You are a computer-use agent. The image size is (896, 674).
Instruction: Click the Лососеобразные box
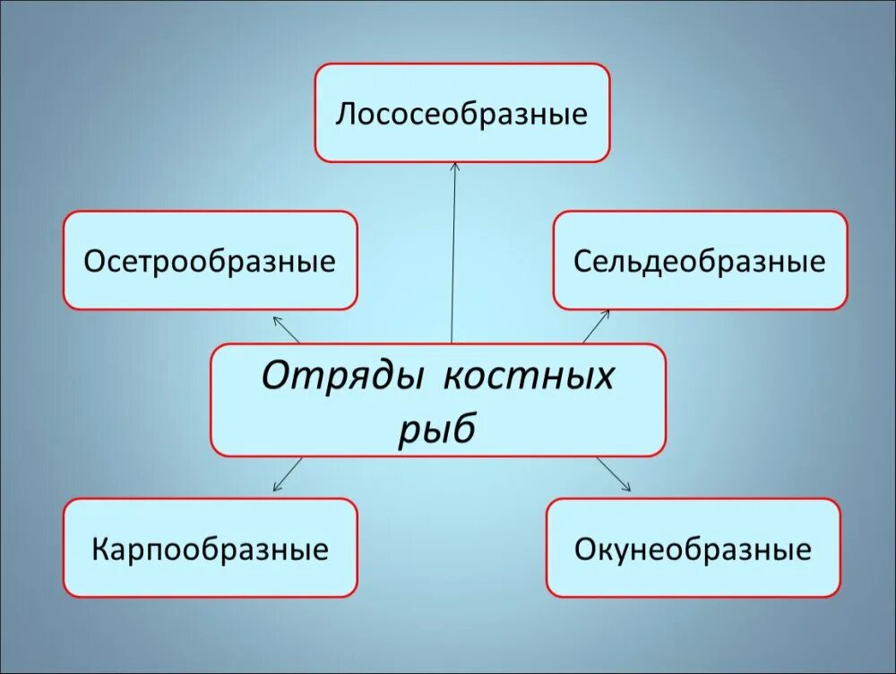461,113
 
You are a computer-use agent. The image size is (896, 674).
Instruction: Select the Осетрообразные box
210,261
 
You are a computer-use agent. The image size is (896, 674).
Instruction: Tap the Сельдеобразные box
700,261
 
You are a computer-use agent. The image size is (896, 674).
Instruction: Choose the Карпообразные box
210,548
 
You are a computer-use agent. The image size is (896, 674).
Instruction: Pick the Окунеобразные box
693,548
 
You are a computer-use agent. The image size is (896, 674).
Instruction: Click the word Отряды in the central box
340,376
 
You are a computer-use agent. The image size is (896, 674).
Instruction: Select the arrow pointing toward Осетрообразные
287,329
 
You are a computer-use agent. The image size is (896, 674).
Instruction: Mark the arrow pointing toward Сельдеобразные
596,326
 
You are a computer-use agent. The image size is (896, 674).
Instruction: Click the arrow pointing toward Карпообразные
288,474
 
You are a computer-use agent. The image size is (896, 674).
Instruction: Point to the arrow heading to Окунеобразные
614,474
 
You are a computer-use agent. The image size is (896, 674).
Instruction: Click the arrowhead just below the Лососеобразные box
455,167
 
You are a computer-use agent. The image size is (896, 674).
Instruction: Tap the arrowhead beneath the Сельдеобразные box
607,313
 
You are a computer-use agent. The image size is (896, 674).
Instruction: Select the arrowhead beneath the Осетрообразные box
276,318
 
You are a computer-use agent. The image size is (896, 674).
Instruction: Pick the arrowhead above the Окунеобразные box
627,488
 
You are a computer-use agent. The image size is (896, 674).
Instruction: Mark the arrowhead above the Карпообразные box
276,488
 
